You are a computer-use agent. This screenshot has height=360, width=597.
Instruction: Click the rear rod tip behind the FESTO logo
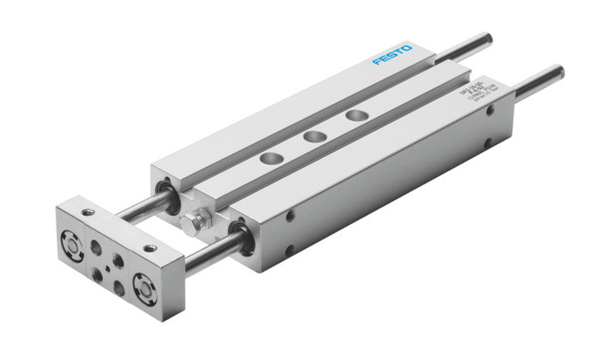tap(487, 41)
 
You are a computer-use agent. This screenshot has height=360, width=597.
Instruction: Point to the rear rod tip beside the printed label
tap(557, 72)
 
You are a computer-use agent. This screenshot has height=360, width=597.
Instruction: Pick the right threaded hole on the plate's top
tap(149, 247)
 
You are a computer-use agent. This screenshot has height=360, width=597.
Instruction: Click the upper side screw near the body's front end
tap(291, 215)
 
